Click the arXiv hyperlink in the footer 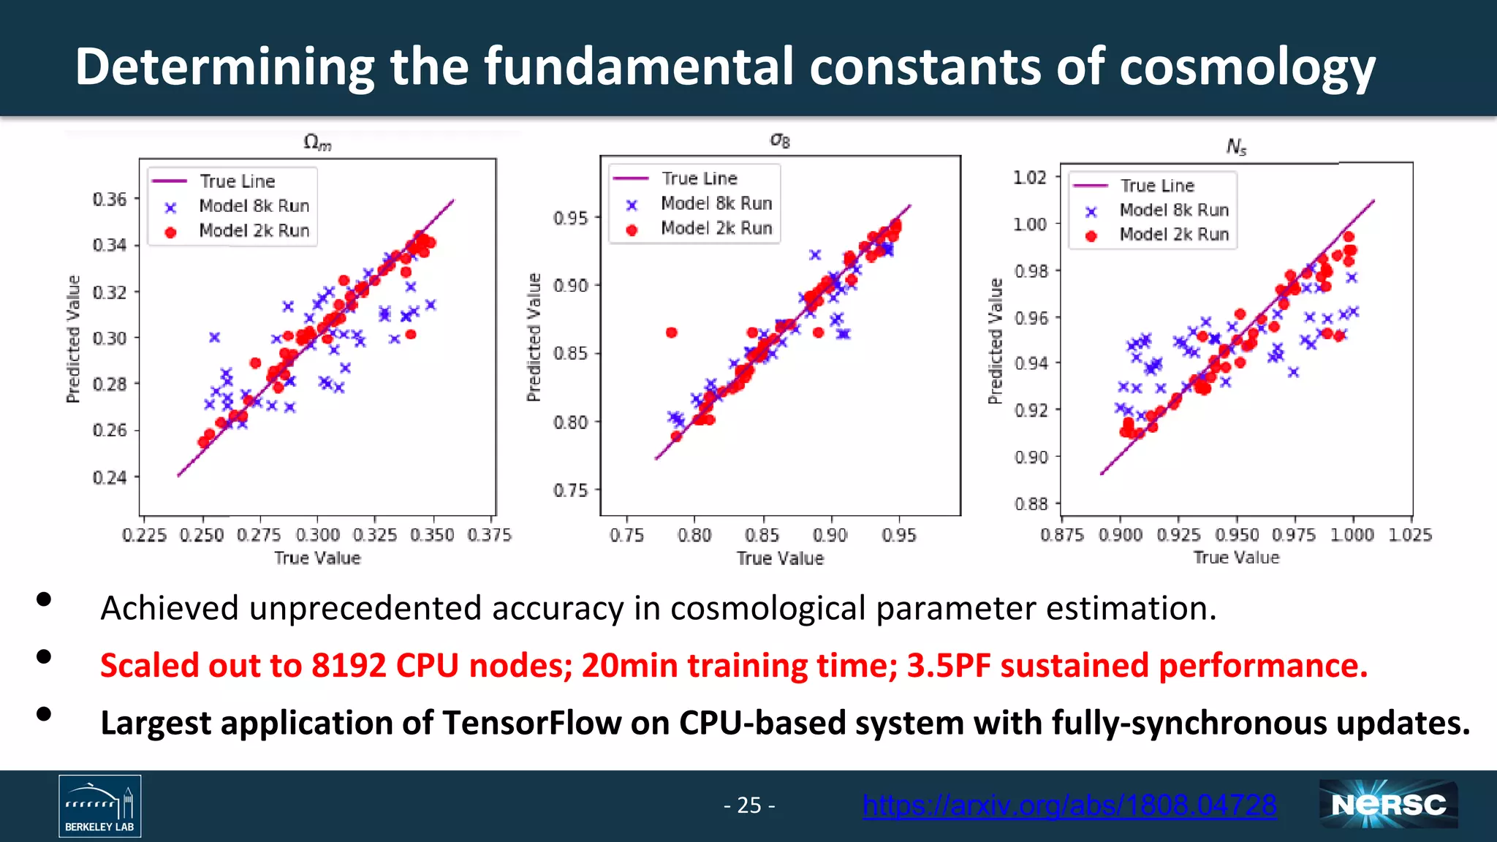click(1069, 805)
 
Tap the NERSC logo click(1388, 805)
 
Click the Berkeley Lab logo click(100, 806)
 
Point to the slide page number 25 click(749, 805)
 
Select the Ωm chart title click(317, 142)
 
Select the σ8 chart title click(780, 140)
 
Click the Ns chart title click(1236, 147)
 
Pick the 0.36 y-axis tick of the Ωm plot click(110, 200)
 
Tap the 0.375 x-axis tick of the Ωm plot click(489, 535)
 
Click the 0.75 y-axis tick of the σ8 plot click(570, 490)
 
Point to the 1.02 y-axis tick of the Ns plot click(1029, 178)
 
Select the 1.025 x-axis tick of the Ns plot click(1409, 535)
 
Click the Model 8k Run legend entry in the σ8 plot click(716, 203)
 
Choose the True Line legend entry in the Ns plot click(1157, 186)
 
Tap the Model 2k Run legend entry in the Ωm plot click(254, 231)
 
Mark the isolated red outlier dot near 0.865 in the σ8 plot click(671, 333)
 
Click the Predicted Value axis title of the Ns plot click(995, 341)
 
